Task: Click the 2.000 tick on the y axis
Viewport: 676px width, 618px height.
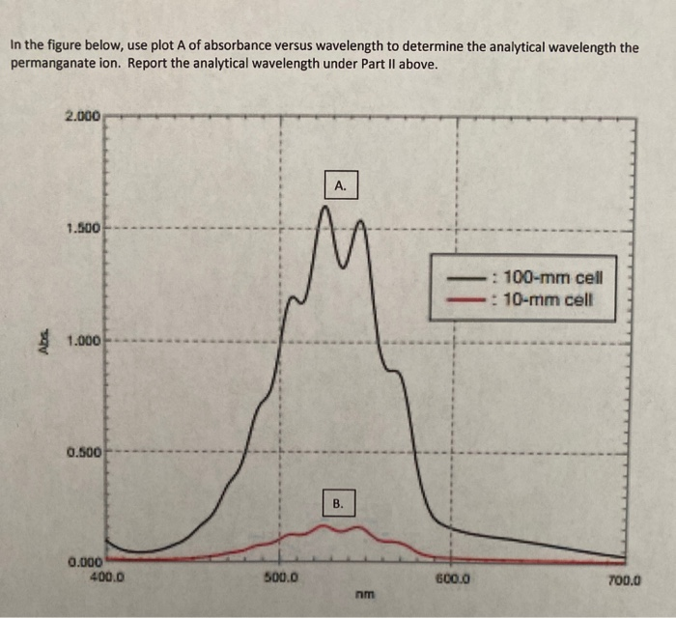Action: point(81,117)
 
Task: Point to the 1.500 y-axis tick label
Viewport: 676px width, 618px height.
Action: point(81,229)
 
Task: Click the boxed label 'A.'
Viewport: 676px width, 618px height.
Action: point(339,184)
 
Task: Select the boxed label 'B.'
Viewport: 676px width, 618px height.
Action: point(338,503)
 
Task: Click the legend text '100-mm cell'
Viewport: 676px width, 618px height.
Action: point(551,276)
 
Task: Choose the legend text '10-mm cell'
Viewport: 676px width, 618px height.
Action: point(548,297)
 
